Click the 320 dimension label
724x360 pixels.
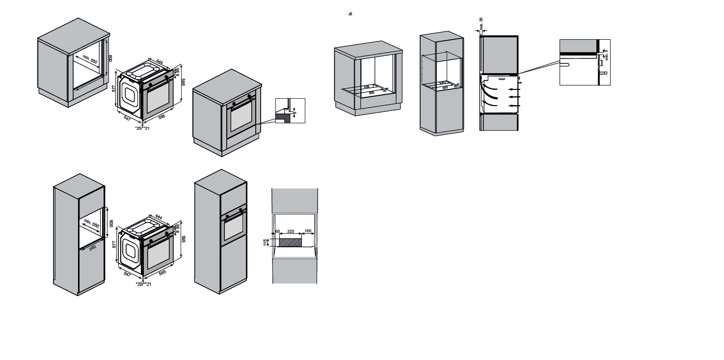pyautogui.click(x=291, y=231)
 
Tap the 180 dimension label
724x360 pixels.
pyautogui.click(x=308, y=231)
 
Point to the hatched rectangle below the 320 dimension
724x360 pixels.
pyautogui.click(x=290, y=241)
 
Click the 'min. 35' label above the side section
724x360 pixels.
pyautogui.click(x=481, y=22)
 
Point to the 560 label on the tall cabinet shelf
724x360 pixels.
pyautogui.click(x=93, y=248)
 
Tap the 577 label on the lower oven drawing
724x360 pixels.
pyautogui.click(x=114, y=243)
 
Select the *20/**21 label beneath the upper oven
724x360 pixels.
pyautogui.click(x=142, y=128)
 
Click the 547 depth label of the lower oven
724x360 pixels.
pyautogui.click(x=127, y=274)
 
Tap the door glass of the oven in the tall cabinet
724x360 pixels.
pyautogui.click(x=234, y=227)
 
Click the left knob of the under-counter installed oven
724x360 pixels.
pyautogui.click(x=234, y=104)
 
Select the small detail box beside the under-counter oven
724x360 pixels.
pyautogui.click(x=290, y=111)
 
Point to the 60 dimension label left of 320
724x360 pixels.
pyautogui.click(x=277, y=231)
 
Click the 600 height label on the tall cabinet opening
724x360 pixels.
pyautogui.click(x=111, y=223)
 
